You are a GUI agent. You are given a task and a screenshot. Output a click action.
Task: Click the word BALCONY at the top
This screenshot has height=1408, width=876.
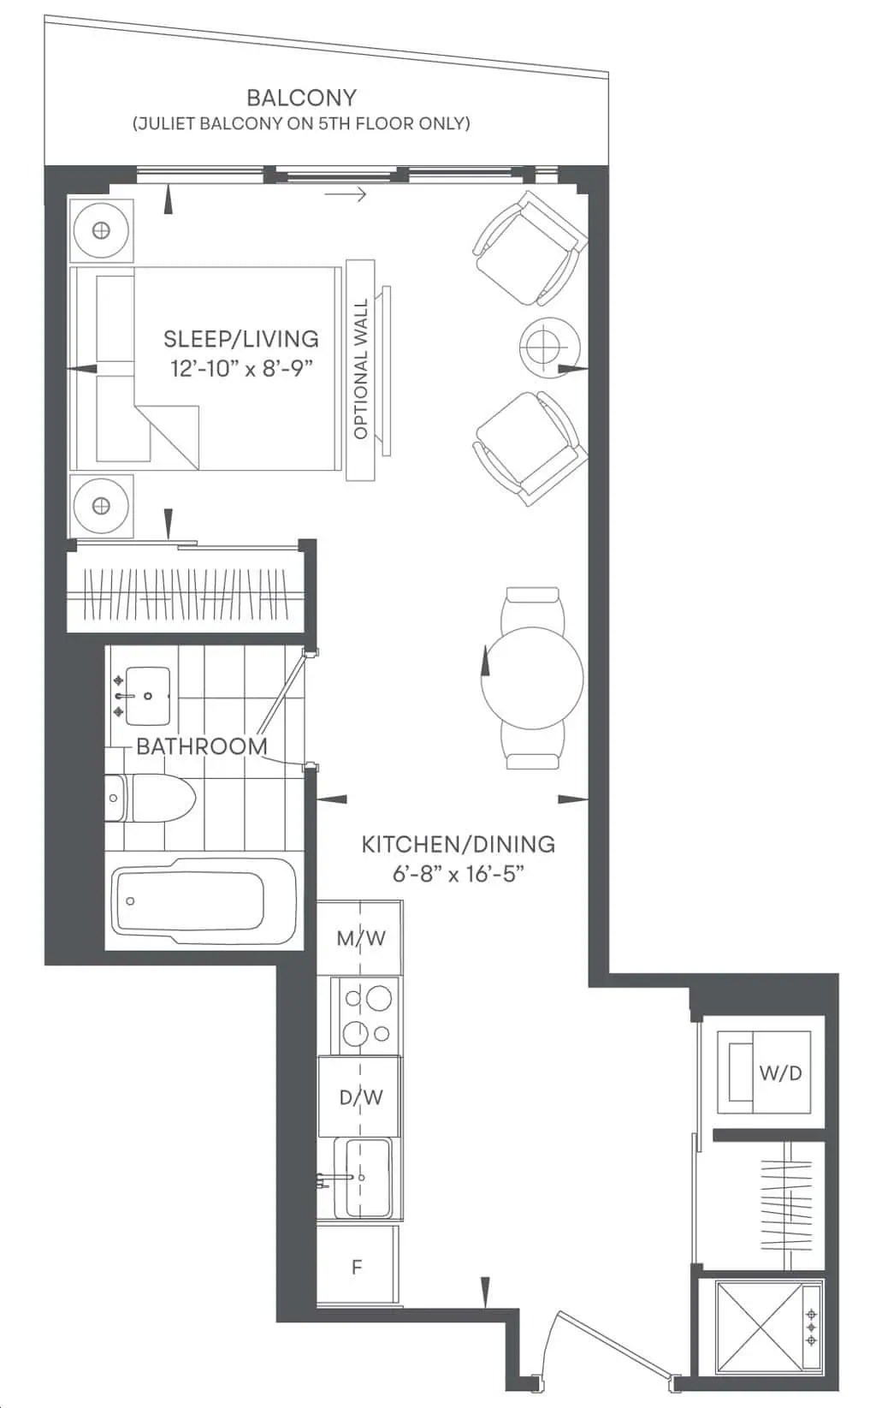[x=301, y=98]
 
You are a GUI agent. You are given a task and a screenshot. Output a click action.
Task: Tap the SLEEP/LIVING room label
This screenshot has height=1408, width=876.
[x=241, y=339]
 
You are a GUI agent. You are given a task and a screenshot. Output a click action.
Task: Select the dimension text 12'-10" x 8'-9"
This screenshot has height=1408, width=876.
[x=241, y=369]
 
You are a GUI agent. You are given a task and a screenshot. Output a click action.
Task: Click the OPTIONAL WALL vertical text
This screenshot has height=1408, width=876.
[x=360, y=369]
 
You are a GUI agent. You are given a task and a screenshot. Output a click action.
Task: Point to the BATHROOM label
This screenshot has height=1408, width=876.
[x=202, y=746]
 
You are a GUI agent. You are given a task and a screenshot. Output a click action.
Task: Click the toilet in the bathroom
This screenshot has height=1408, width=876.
[x=150, y=799]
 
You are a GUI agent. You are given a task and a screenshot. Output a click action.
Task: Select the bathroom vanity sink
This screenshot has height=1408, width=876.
[x=142, y=696]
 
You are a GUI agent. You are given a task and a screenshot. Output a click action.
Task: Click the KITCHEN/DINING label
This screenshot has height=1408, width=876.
[x=458, y=845]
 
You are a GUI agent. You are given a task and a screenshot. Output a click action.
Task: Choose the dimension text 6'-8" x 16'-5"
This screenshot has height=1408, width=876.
[x=458, y=874]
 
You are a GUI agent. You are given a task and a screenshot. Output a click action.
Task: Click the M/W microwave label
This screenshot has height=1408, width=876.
[x=360, y=938]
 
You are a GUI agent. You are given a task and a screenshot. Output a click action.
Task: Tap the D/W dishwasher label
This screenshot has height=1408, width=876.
[x=360, y=1096]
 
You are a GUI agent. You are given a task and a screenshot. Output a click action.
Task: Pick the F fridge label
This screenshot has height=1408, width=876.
[x=357, y=1268]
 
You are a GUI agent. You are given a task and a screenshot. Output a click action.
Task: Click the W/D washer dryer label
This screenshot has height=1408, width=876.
[x=780, y=1073]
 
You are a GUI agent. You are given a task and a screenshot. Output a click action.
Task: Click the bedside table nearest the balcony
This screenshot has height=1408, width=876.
[x=101, y=231]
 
